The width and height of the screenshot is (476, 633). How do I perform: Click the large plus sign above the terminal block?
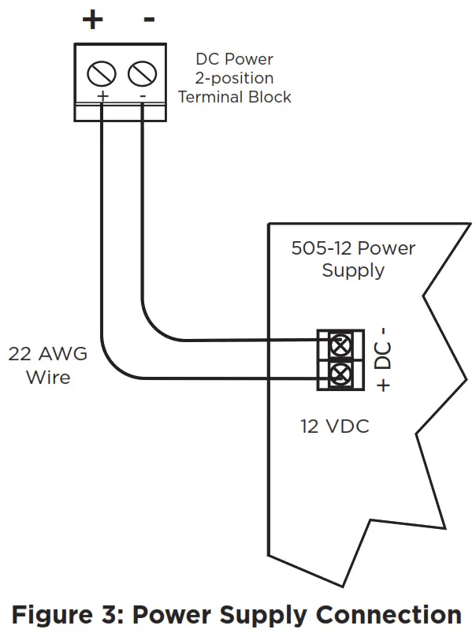[92, 18]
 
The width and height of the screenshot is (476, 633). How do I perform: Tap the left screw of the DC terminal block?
[102, 75]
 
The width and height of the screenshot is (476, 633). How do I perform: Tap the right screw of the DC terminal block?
[140, 75]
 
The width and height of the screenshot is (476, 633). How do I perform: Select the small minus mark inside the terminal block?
[143, 96]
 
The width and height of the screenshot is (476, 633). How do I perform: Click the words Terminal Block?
[234, 97]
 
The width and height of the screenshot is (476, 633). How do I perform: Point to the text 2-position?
[234, 78]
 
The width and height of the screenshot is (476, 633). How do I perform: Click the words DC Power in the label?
[234, 59]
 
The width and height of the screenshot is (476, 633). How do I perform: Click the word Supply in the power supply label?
[353, 270]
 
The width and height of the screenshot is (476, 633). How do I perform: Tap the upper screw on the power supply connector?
[340, 344]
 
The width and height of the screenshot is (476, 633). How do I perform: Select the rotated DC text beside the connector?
[383, 359]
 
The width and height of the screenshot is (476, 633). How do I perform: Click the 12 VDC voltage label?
[335, 426]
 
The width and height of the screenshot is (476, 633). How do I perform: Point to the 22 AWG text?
[47, 354]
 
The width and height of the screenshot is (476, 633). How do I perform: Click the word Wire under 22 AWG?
[48, 377]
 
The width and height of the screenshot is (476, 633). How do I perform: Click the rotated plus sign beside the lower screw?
[383, 385]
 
